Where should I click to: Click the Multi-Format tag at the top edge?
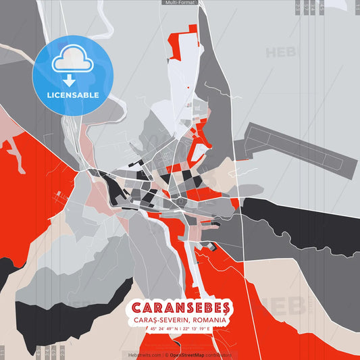click(x=180, y=3)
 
